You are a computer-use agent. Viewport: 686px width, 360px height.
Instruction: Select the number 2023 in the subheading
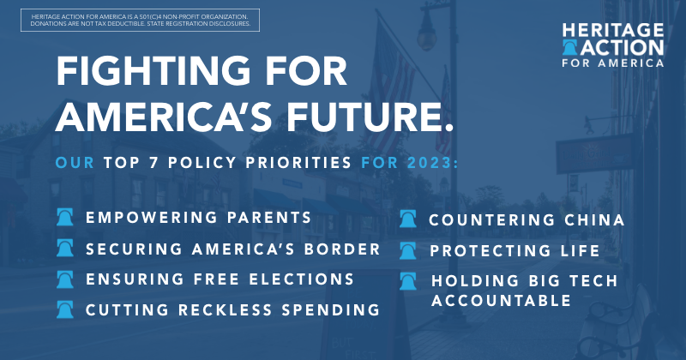pyautogui.click(x=430, y=163)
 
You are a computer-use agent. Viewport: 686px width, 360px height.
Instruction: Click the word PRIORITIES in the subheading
pyautogui.click(x=298, y=163)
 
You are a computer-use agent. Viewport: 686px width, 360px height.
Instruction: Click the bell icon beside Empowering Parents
pyautogui.click(x=65, y=217)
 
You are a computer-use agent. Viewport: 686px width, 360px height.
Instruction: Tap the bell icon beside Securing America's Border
pyautogui.click(x=65, y=248)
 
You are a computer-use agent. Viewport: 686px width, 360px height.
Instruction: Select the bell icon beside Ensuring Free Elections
pyautogui.click(x=65, y=279)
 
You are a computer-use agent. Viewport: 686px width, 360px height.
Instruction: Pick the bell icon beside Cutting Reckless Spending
pyautogui.click(x=65, y=309)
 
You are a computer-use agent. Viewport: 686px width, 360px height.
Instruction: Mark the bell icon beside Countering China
pyautogui.click(x=408, y=219)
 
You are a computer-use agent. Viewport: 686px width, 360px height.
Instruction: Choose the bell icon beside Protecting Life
pyautogui.click(x=408, y=250)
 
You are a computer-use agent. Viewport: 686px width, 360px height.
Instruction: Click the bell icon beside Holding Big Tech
pyautogui.click(x=408, y=281)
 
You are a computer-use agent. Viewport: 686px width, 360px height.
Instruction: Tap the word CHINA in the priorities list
pyautogui.click(x=594, y=220)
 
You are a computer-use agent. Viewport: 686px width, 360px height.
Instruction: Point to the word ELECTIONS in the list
pyautogui.click(x=302, y=279)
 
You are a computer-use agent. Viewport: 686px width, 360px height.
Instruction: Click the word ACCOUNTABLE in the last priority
pyautogui.click(x=502, y=301)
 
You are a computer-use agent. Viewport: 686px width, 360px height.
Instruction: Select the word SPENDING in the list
pyautogui.click(x=331, y=309)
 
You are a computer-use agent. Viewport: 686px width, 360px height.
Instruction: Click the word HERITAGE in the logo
pyautogui.click(x=613, y=31)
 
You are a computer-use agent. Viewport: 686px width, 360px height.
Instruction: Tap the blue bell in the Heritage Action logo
pyautogui.click(x=569, y=47)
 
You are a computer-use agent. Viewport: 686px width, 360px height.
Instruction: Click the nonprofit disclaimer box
pyautogui.click(x=140, y=20)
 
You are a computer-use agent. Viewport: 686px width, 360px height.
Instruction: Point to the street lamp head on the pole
pyautogui.click(x=426, y=34)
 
